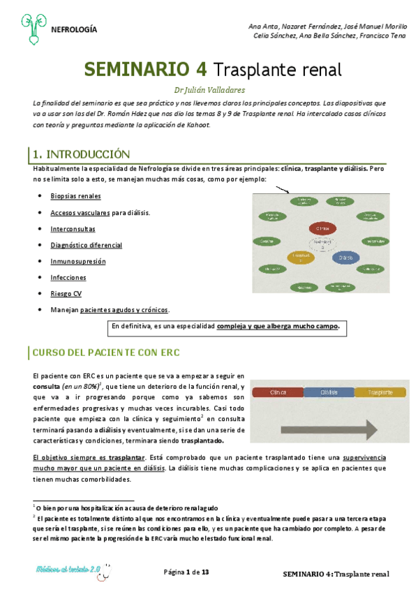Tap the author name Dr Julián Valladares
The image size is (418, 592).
tap(209, 89)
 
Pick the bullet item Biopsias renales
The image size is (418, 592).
tap(75, 196)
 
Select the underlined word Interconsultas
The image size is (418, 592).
tap(73, 229)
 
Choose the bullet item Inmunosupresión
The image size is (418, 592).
tap(78, 261)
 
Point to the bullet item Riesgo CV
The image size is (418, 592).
tap(66, 294)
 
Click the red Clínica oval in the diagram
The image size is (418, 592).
tap(322, 228)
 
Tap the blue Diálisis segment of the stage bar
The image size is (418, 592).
tap(329, 392)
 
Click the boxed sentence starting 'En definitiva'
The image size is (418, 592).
tap(225, 326)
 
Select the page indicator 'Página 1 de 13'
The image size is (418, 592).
tap(186, 572)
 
